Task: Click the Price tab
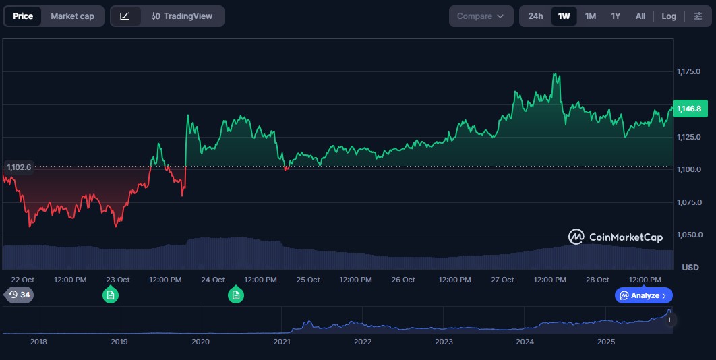[x=23, y=16]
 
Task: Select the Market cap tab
[x=72, y=16]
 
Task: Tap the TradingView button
[x=182, y=16]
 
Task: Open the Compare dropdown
[x=480, y=16]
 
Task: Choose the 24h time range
[x=535, y=16]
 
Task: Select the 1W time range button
[x=564, y=16]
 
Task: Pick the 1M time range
[x=591, y=16]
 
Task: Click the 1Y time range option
[x=616, y=16]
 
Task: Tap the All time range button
[x=640, y=16]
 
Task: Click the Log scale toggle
[x=669, y=16]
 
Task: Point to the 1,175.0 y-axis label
[x=688, y=71]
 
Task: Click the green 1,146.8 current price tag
[x=688, y=109]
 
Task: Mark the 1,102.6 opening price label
[x=19, y=167]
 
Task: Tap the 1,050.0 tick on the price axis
[x=688, y=235]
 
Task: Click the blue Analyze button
[x=643, y=295]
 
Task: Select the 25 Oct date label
[x=308, y=280]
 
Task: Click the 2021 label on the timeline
[x=282, y=342]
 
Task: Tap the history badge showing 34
[x=19, y=295]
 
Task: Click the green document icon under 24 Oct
[x=235, y=295]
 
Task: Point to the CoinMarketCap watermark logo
[x=616, y=237]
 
